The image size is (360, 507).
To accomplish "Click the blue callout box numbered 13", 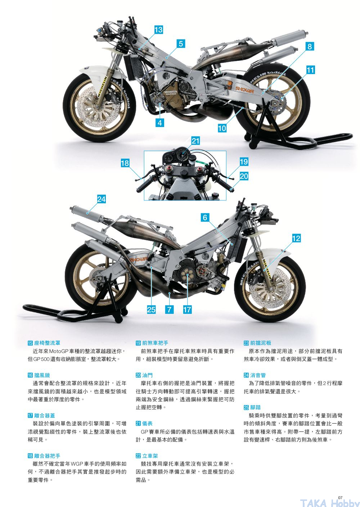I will coord(158,30).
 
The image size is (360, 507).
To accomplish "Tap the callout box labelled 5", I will coord(181,44).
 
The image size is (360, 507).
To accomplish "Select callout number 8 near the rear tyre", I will coord(310,46).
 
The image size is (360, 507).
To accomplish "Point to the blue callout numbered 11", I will coord(310,70).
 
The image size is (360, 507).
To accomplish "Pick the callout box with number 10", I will coord(222,128).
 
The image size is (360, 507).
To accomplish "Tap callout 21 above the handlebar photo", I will coord(195,141).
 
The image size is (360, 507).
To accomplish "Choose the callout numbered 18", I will coord(125,163).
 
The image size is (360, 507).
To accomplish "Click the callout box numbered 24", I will coord(102,199).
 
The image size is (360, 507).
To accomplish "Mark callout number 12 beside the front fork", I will coord(296,238).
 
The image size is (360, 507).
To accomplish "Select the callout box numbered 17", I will coord(187,309).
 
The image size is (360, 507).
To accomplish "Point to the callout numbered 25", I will coord(151,309).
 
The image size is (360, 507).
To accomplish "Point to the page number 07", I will coord(341,498).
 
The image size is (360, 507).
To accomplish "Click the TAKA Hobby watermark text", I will coord(329,503).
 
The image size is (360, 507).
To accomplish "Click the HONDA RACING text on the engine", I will coord(171,93).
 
